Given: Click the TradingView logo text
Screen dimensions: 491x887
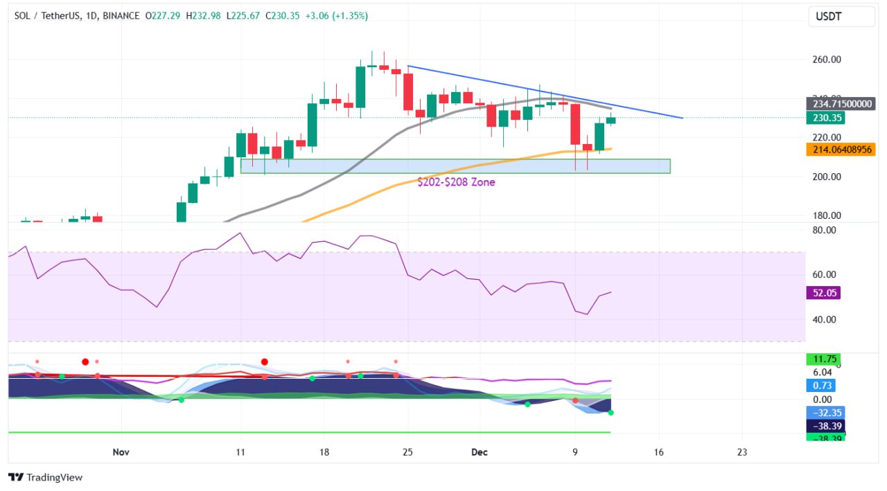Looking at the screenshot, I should [x=45, y=477].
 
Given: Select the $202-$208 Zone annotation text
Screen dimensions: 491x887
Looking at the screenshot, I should [x=456, y=182].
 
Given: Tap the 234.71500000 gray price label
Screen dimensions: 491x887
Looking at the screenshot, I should [x=840, y=104].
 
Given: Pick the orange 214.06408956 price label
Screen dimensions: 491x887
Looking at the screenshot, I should [x=840, y=149].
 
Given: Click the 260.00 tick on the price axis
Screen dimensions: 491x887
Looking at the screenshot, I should [x=826, y=60].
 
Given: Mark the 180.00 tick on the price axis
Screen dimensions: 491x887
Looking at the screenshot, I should [x=826, y=215].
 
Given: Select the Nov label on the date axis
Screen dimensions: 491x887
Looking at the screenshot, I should [x=121, y=452].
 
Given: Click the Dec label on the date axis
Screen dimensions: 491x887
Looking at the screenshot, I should [x=480, y=452].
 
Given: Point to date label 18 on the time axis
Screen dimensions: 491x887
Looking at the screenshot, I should [x=324, y=452].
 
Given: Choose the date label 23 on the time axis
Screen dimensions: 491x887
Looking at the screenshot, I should [x=742, y=452].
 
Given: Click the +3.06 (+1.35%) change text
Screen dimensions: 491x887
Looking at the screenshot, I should [x=335, y=15].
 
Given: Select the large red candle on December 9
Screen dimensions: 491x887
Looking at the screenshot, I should [x=575, y=125].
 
